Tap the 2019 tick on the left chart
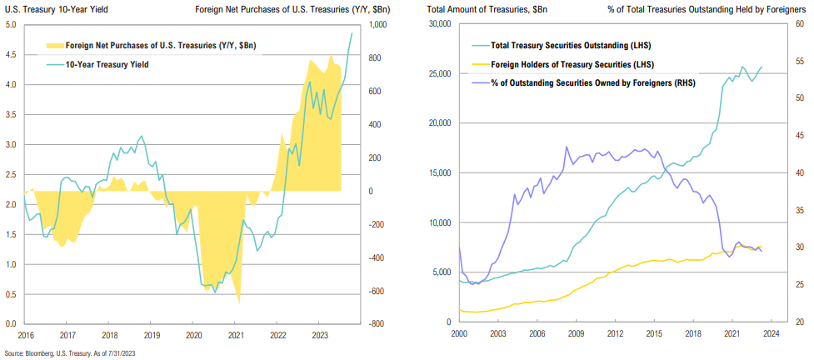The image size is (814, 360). [x=151, y=335]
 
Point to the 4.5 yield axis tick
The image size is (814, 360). [x=10, y=54]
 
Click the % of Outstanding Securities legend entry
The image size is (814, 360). [x=583, y=82]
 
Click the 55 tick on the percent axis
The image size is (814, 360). [x=799, y=62]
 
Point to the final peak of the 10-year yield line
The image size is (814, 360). [x=352, y=33]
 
